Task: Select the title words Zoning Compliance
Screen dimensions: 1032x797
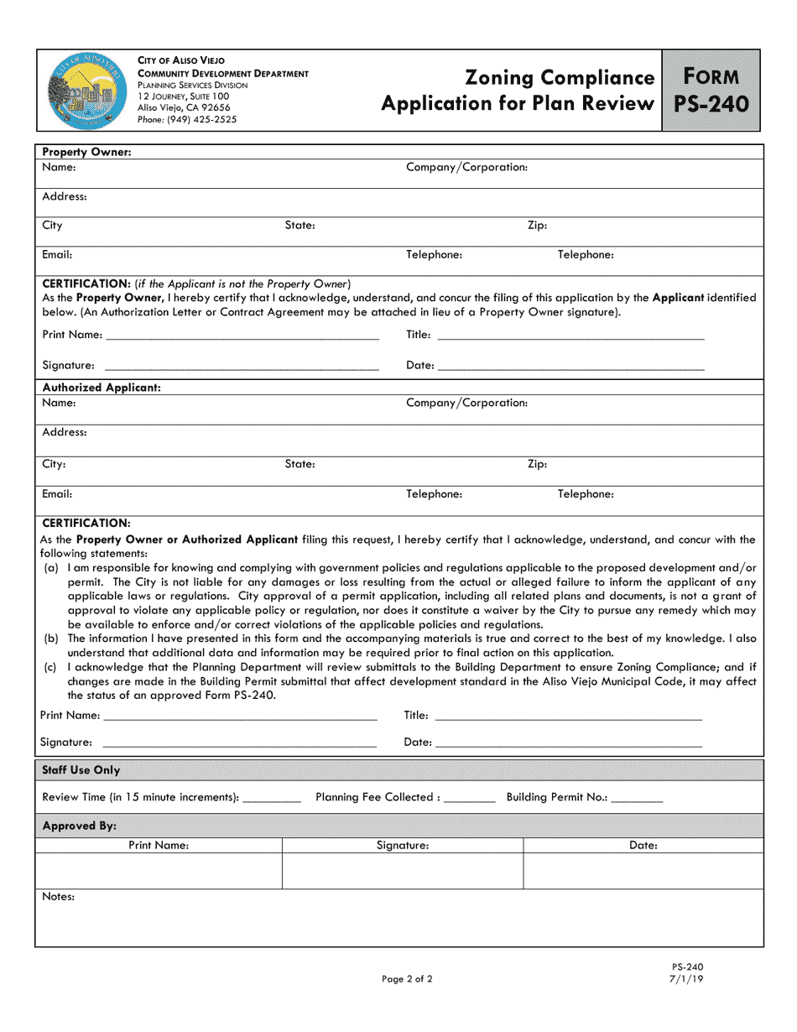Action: [x=560, y=78]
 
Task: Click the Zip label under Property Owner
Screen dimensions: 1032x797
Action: [x=537, y=226]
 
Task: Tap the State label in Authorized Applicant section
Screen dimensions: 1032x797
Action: [x=300, y=464]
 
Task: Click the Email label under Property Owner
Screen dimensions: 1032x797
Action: [x=57, y=254]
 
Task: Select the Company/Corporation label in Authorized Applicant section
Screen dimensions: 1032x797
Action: [x=466, y=403]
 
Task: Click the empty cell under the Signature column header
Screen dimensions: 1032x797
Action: [x=403, y=871]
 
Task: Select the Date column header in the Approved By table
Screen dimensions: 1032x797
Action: [x=643, y=846]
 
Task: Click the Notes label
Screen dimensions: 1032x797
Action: [x=58, y=897]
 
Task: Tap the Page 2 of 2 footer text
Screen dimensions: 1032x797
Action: [x=407, y=979]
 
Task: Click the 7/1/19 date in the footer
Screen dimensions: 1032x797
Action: [x=686, y=979]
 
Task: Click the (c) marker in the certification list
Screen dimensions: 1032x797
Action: [x=49, y=668]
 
